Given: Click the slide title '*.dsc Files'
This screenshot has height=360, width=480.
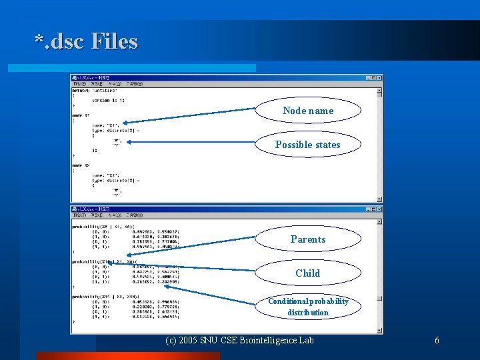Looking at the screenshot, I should pos(86,41).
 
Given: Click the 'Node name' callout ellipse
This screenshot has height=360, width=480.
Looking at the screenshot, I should pos(308,111).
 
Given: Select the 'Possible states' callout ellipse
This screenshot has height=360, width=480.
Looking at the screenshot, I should pos(308,145).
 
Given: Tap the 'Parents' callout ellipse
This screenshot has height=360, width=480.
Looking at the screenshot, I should pos(308,239).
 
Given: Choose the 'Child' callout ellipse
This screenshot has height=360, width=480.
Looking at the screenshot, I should pos(308,273).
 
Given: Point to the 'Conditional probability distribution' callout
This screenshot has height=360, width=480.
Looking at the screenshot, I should pos(308,307).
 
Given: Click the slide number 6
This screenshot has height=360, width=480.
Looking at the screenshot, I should pos(437,341).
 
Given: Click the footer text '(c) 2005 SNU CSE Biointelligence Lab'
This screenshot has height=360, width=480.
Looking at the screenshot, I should pos(239,341).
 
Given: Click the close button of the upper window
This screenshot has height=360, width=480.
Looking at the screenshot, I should pos(379,77).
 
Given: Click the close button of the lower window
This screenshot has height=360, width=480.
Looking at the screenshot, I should pos(379,209).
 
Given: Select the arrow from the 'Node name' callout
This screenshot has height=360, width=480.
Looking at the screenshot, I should pos(193,116).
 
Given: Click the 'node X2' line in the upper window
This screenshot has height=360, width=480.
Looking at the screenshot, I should pos(83,165).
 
